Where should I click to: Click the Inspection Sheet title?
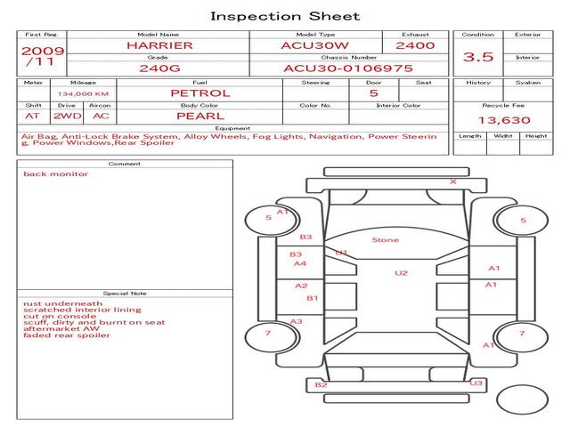285,16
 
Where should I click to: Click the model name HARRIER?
159,44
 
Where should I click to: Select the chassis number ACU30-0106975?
348,68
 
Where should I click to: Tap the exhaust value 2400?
415,44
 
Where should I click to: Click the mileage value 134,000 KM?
83,93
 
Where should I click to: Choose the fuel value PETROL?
199,93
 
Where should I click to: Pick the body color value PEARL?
199,116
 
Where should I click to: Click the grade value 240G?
159,68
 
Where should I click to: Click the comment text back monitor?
56,173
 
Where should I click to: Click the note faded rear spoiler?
68,335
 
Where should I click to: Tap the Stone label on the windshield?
385,240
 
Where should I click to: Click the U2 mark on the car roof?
401,273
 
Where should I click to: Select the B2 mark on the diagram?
322,384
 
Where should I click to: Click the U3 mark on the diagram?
476,383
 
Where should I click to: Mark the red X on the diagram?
453,181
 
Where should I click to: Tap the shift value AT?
33,116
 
